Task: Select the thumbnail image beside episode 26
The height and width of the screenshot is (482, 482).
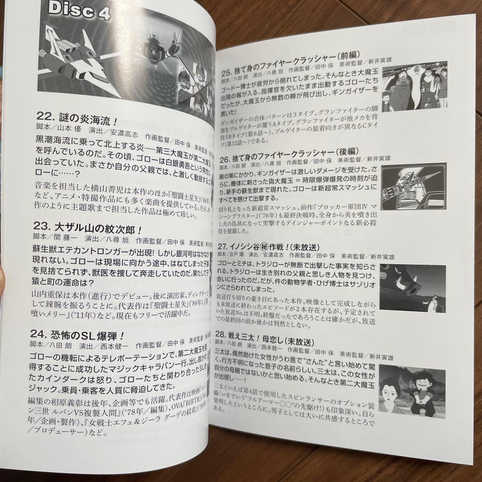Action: [415, 187]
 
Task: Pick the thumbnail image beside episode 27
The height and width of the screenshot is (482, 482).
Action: [413, 287]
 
